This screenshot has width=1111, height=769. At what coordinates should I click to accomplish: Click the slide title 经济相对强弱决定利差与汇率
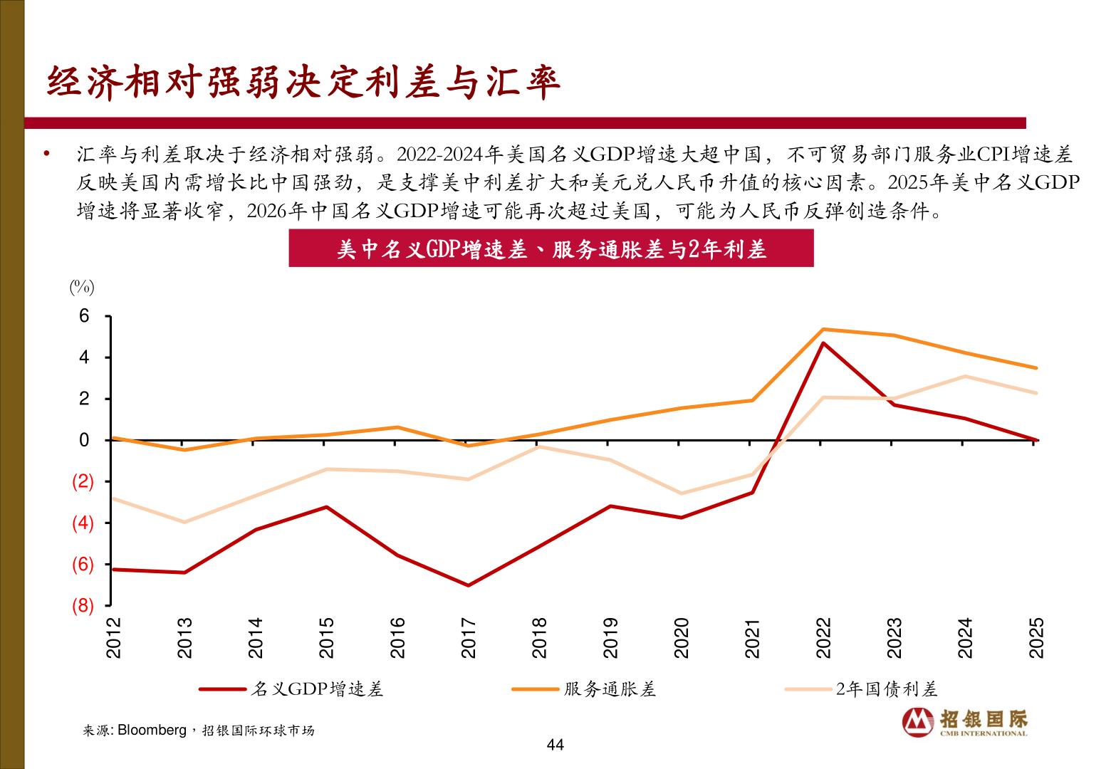pos(303,82)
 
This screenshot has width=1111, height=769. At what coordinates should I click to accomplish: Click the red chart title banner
pos(551,249)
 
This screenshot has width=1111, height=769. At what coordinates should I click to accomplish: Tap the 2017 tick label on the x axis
pos(469,637)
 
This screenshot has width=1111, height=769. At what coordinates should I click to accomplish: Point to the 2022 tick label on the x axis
pos(823,637)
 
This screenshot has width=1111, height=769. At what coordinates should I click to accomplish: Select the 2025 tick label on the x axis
pos(1036,637)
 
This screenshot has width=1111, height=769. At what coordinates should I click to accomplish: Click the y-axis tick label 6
pos(84,315)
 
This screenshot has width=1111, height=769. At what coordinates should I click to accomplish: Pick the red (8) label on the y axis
pos(83,605)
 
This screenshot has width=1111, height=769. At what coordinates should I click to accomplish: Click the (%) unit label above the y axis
pos(82,287)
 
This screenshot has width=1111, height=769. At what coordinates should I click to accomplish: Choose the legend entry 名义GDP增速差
pos(317,689)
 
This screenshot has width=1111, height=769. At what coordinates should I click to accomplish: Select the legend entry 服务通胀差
pos(610,689)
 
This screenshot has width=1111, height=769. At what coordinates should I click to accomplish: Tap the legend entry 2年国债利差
pos(886,689)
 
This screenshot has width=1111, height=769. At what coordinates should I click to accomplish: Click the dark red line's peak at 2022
pos(823,343)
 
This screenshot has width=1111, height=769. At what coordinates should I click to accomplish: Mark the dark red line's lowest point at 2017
pos(468,585)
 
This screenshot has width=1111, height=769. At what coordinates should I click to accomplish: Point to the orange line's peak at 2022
pos(823,330)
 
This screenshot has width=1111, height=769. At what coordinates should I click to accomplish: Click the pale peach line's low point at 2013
pos(184,522)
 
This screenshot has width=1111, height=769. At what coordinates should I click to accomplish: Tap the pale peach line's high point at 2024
pos(965,376)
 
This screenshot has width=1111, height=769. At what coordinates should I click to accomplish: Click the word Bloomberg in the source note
pos(152,730)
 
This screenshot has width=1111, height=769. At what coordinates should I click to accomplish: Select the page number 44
pos(555,745)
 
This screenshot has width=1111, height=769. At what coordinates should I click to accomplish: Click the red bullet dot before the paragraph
pos(47,153)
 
